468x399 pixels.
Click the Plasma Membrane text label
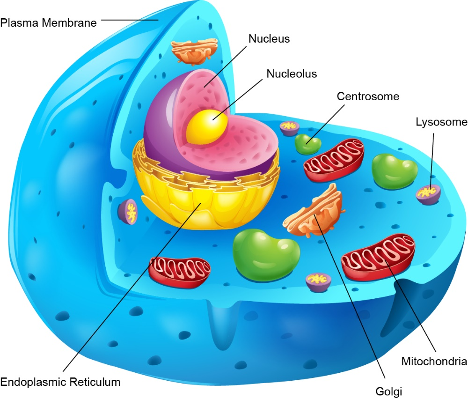point(48,23)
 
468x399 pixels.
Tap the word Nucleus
point(269,39)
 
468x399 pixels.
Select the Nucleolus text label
point(292,74)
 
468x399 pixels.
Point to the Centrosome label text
point(368,96)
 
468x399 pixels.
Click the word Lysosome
point(442,122)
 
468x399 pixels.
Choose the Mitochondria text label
point(434,362)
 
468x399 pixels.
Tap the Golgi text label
point(388,391)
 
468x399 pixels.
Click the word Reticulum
point(95,382)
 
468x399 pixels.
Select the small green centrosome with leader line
point(308,144)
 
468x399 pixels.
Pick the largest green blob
point(266,254)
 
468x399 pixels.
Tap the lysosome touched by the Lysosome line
point(428,194)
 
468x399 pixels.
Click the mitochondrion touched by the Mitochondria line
point(378,258)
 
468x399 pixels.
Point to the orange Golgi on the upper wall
point(194,52)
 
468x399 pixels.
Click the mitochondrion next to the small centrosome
point(334,160)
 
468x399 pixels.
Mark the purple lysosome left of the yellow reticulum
point(128,212)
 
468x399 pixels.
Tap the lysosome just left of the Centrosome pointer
point(289,128)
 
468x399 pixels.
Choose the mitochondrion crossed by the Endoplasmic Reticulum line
point(179,272)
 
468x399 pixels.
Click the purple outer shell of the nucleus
point(158,126)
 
